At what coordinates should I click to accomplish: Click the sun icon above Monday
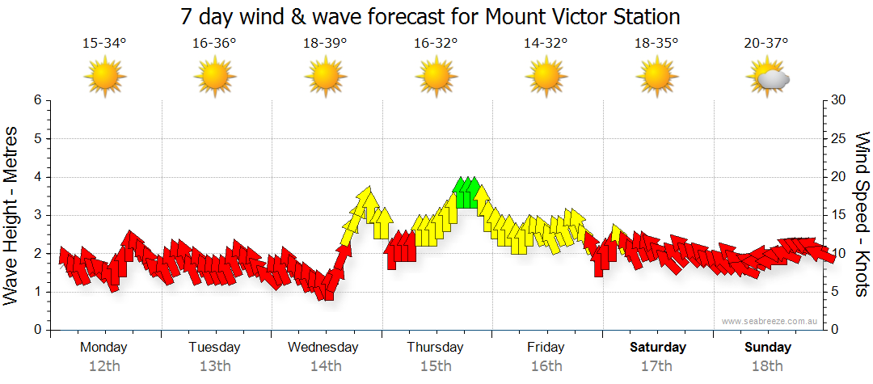[104, 77]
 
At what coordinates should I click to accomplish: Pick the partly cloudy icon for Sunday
[768, 78]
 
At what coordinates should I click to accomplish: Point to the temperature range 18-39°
[325, 44]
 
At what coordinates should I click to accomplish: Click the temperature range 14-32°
[546, 44]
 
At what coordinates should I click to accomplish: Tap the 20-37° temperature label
[766, 44]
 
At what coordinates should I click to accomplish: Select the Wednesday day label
[323, 348]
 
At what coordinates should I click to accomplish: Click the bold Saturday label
[658, 348]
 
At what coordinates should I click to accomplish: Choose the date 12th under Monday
[104, 366]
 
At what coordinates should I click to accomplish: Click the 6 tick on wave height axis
[37, 100]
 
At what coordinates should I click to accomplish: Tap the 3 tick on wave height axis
[37, 215]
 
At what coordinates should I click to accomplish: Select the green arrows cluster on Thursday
[467, 192]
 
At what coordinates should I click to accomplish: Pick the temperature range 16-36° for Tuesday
[214, 44]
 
